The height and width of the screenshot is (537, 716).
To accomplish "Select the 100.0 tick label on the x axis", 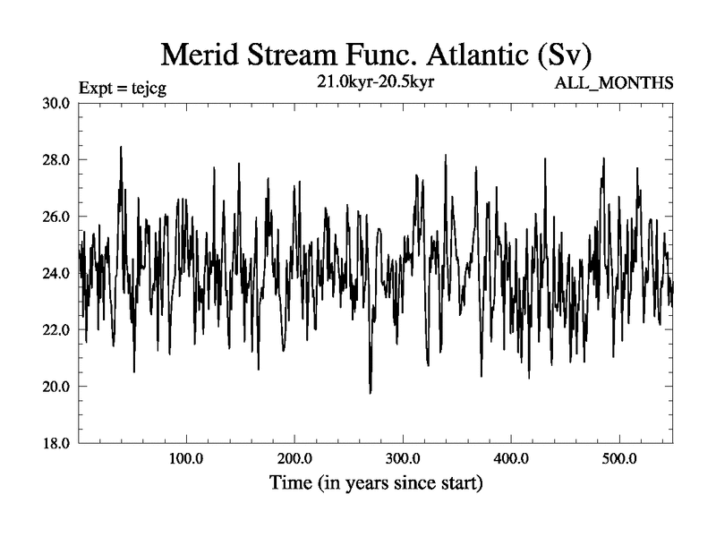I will (x=186, y=460).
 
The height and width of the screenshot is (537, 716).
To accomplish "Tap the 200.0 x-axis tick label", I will (x=294, y=460).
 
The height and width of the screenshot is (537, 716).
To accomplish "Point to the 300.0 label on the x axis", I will (x=403, y=460).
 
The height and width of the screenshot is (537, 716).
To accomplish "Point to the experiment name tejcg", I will (x=146, y=87).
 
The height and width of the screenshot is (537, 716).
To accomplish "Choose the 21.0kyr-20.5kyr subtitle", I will (x=370, y=82).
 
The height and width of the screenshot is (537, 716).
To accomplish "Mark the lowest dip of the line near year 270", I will (x=371, y=392).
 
